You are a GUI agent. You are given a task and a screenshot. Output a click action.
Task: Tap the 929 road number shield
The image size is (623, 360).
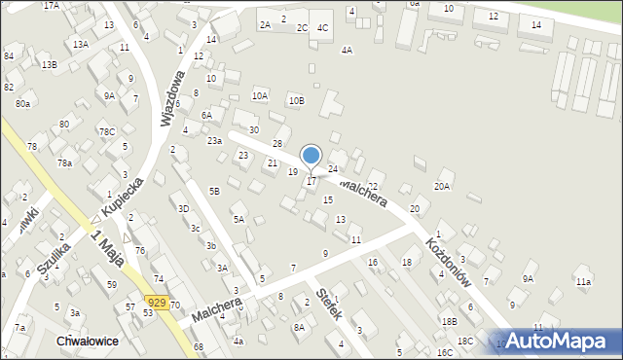point(157,303)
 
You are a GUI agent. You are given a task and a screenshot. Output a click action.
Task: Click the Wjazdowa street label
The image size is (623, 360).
point(172,98)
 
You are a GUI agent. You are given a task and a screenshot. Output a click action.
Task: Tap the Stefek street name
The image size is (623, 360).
point(330,308)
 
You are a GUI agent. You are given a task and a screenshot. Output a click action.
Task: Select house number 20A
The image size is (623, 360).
point(443,186)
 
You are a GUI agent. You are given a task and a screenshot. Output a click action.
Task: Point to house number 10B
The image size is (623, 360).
point(296,100)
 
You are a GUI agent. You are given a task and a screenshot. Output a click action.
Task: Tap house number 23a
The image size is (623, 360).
point(214,140)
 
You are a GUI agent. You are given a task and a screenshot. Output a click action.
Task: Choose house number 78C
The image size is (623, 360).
point(106,131)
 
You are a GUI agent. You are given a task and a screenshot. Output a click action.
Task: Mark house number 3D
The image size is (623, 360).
point(183,208)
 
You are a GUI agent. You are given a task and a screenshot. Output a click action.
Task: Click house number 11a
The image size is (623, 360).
point(582,282)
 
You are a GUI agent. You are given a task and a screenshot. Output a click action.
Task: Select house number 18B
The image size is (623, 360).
point(449,321)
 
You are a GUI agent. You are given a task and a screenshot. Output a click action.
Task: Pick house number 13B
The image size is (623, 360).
point(49,64)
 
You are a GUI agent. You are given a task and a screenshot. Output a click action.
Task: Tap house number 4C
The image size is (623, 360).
point(322,27)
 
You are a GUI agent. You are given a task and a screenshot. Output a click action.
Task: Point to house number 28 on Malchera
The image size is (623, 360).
point(276,144)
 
